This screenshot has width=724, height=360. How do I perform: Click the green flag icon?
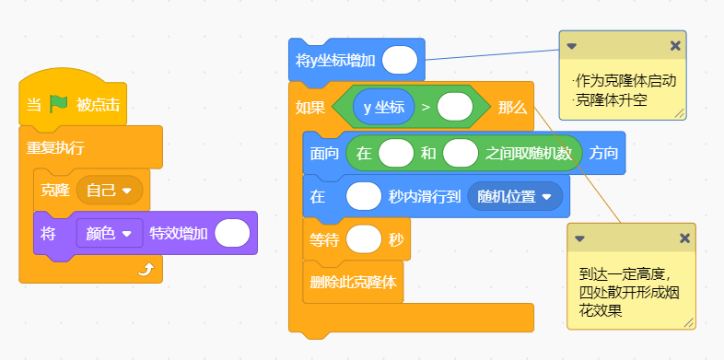pos(59,104)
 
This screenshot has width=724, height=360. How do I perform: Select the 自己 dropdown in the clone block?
pos(110,191)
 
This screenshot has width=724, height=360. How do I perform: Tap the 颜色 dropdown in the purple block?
pos(110,234)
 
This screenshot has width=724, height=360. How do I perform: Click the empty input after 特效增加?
pos(232,234)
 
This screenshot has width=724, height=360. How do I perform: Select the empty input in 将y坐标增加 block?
pos(400,60)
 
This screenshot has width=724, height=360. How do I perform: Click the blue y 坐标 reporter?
pos(384,107)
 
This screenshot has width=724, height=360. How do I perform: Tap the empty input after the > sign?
pos(455,107)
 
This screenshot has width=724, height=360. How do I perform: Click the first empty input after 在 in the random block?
pos(396,153)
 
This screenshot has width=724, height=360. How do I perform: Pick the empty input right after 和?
pos(461,153)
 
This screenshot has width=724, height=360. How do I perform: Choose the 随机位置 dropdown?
pos(515,197)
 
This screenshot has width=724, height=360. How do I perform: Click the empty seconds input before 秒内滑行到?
pos(364,197)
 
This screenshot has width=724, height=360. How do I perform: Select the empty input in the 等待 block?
pos(364,239)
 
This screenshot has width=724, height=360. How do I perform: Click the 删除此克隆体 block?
pos(353,282)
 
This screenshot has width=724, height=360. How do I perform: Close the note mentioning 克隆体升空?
pos(675,46)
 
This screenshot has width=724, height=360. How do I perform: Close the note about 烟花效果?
pos(684,238)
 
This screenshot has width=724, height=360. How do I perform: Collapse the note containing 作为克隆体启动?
pos(572,46)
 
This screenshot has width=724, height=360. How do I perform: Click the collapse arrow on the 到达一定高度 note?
pos(580,238)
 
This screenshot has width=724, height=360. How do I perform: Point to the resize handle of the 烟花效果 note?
pos(689,322)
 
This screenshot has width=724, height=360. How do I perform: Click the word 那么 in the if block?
pos(512,107)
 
